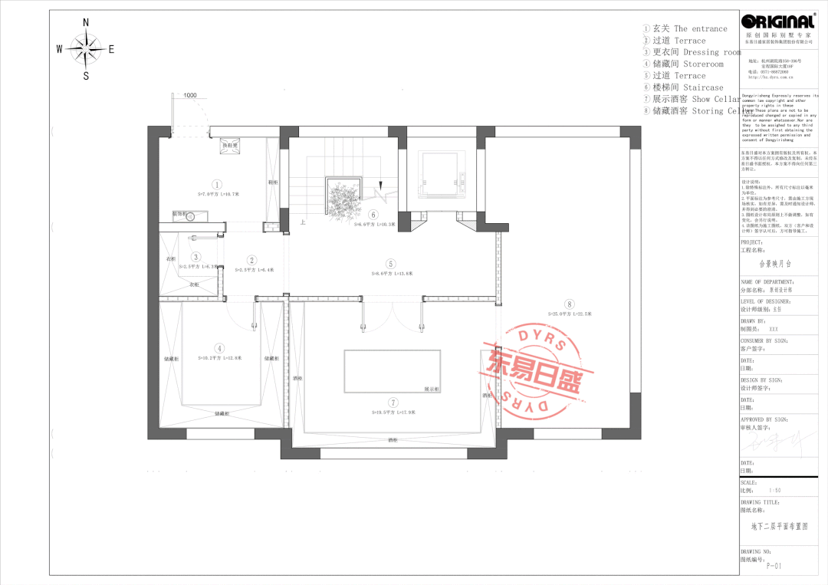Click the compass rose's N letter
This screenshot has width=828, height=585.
[x=86, y=22]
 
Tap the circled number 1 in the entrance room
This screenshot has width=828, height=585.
[x=217, y=184]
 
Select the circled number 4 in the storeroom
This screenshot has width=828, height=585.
[x=219, y=347]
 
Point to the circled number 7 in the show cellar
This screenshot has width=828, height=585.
[x=393, y=402]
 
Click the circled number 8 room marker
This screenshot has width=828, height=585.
[x=569, y=303]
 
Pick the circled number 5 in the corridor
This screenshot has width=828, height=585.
[x=390, y=262]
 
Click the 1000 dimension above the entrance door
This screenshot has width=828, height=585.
[x=189, y=95]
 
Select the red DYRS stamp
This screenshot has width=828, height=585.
[x=532, y=373]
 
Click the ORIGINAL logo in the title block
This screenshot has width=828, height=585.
[x=778, y=22]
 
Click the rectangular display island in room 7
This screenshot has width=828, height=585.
[x=393, y=372]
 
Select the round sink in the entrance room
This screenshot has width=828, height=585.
[x=190, y=217]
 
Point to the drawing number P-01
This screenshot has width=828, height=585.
[x=771, y=567]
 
